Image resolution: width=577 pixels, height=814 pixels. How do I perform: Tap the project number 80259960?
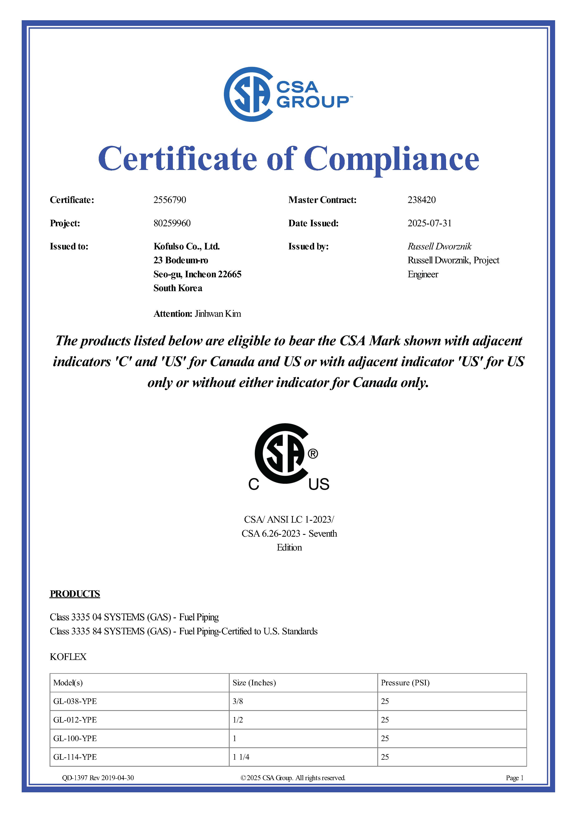(172, 223)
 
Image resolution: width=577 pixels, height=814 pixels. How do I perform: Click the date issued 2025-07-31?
(429, 223)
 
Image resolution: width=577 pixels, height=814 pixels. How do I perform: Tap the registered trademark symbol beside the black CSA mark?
(313, 454)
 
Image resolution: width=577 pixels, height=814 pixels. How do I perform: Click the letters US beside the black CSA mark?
(319, 484)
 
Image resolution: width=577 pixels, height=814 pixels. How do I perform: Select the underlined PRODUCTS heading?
(75, 594)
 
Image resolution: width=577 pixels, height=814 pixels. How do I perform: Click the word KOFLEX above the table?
(68, 657)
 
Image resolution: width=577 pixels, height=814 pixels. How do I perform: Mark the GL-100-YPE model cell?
(75, 738)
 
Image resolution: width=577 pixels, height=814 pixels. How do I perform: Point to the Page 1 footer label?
(514, 778)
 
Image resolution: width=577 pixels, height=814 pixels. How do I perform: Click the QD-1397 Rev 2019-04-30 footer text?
(98, 778)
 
